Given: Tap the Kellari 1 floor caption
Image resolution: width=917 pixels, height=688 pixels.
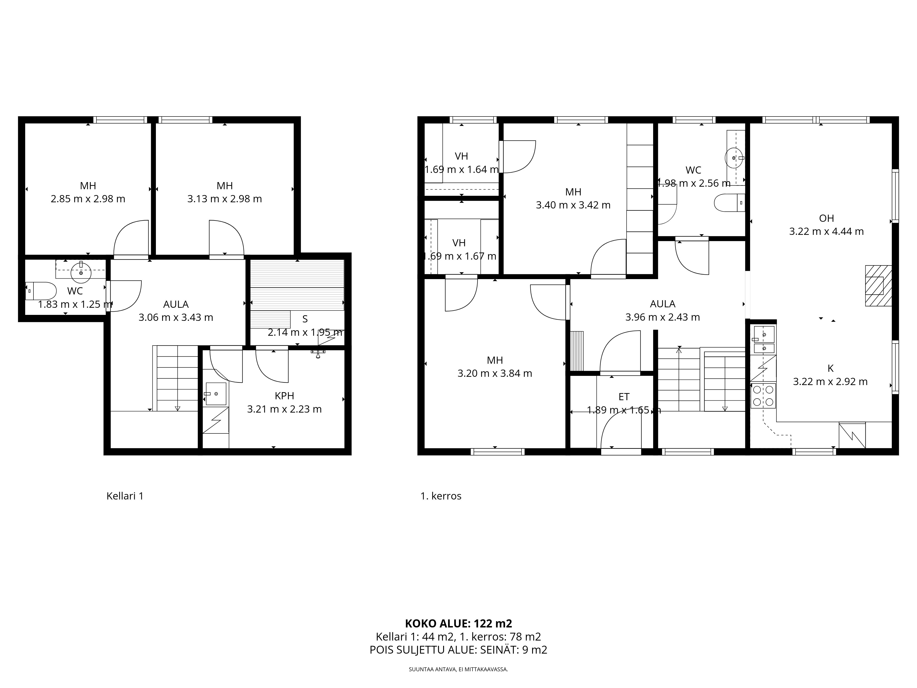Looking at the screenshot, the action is point(125,496).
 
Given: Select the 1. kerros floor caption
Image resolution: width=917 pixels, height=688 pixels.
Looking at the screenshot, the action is point(441,496).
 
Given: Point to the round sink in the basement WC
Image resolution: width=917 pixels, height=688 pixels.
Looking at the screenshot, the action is point(81,272).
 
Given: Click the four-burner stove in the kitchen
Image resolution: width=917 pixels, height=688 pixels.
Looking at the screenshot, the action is point(763,396).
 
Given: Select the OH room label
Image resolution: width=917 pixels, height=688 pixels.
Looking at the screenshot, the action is point(826,218).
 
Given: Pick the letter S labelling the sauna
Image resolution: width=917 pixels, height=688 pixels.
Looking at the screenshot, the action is point(305,319).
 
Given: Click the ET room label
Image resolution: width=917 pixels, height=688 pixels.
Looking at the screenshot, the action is point(624,397).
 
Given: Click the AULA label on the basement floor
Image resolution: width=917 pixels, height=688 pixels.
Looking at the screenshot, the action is point(176,304).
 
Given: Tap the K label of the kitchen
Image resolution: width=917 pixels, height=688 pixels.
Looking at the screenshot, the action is point(830,368).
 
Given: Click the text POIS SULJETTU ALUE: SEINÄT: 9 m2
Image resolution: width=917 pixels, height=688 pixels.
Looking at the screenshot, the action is point(458,650).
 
